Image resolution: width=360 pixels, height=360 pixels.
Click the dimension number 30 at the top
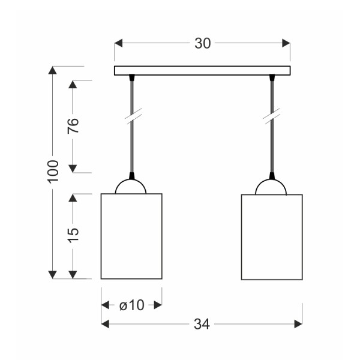pos(202,43)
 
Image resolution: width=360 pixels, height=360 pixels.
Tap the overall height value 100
pos(53,172)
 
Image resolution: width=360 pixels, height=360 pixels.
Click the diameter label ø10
pos(131,305)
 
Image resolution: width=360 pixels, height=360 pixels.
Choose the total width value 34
pos(202,324)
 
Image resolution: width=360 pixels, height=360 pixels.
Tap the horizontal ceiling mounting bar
pos(202,70)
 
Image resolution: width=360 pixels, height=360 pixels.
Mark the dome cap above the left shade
pos(131,186)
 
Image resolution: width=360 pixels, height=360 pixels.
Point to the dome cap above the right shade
pos(272,186)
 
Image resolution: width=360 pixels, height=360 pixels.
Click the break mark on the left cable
pos(131,116)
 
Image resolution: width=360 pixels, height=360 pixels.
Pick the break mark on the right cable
pos(272,116)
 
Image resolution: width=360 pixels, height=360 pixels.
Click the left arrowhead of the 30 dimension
pos(118,43)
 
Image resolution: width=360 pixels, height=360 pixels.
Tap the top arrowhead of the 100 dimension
pos(53,70)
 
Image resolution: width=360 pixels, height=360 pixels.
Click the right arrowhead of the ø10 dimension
pos(158,305)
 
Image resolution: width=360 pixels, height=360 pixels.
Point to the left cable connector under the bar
pos(131,77)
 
